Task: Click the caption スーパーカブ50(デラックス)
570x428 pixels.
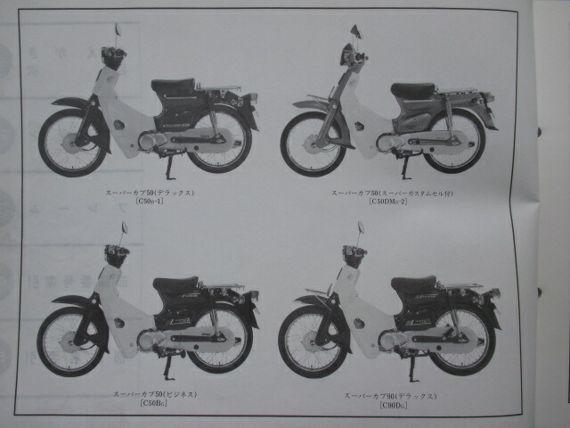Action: pyautogui.click(x=149, y=192)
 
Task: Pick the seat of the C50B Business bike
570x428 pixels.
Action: pyautogui.click(x=175, y=284)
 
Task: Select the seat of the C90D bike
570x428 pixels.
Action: pyautogui.click(x=413, y=284)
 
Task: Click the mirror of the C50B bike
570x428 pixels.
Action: pyautogui.click(x=124, y=228)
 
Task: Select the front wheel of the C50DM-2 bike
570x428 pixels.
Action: pyautogui.click(x=312, y=143)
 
